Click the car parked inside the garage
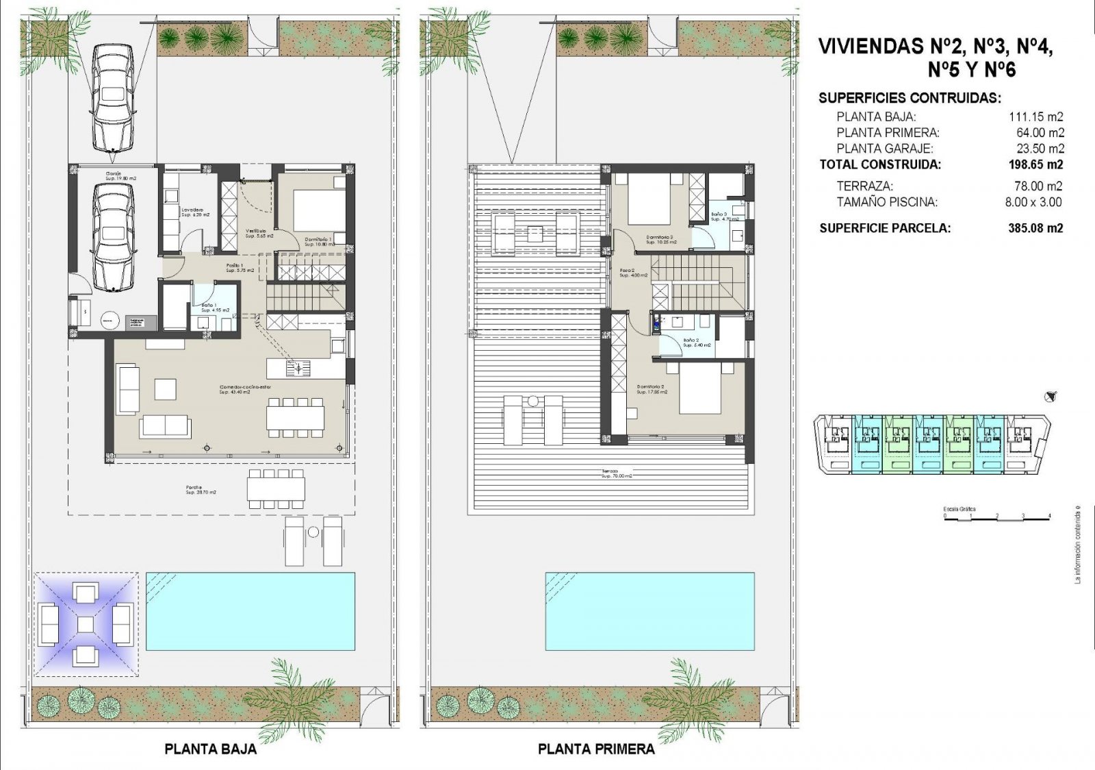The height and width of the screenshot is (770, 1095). tap(113, 236)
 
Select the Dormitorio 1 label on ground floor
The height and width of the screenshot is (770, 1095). tap(318, 242)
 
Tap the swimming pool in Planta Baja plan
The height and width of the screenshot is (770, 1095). tap(250, 611)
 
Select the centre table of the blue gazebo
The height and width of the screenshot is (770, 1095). tap(86, 624)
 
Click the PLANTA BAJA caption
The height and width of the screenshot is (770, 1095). tap(210, 749)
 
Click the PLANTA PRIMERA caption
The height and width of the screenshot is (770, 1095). tap(596, 749)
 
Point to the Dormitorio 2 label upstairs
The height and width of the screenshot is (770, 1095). tap(651, 390)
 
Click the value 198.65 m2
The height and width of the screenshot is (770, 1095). tap(1035, 164)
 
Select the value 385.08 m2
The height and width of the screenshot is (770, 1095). tap(1035, 228)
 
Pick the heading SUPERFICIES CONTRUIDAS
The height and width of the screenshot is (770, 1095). tap(910, 98)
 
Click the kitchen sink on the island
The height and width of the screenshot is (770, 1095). tap(298, 369)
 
